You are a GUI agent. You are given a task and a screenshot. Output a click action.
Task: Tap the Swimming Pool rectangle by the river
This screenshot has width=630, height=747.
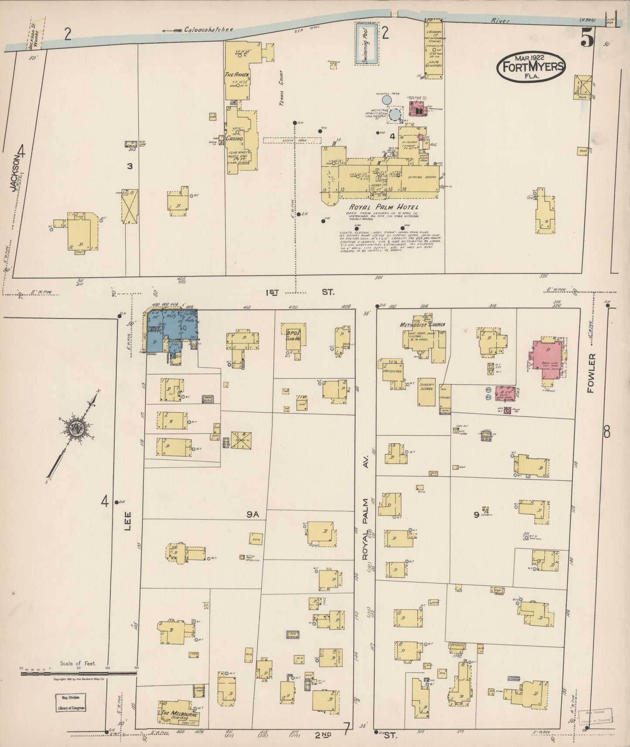(365, 44)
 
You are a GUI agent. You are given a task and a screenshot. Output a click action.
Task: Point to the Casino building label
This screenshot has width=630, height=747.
(234, 138)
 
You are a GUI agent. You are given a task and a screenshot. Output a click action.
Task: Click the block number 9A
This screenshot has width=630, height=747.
(253, 514)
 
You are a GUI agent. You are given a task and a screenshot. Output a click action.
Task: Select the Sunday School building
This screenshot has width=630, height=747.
(426, 391)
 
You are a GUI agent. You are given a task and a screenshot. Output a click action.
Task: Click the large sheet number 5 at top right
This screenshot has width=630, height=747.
(586, 40)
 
